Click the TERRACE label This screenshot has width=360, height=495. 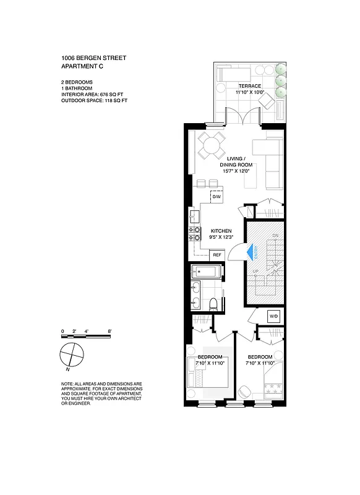tap(249, 85)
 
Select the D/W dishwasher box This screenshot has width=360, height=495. tap(216, 197)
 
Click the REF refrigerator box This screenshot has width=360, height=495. tap(216, 254)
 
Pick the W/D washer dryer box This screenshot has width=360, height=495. tap(273, 316)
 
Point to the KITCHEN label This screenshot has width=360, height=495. tap(221, 231)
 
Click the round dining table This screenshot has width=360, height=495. tap(211, 147)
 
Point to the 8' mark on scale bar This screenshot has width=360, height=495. tap(109, 332)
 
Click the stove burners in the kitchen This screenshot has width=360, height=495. tap(194, 233)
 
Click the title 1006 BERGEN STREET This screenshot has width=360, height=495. tap(94, 58)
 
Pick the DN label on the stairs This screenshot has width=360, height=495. tap(275, 236)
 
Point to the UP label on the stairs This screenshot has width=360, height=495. tap(255, 271)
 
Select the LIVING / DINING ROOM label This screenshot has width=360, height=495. tap(236, 161)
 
